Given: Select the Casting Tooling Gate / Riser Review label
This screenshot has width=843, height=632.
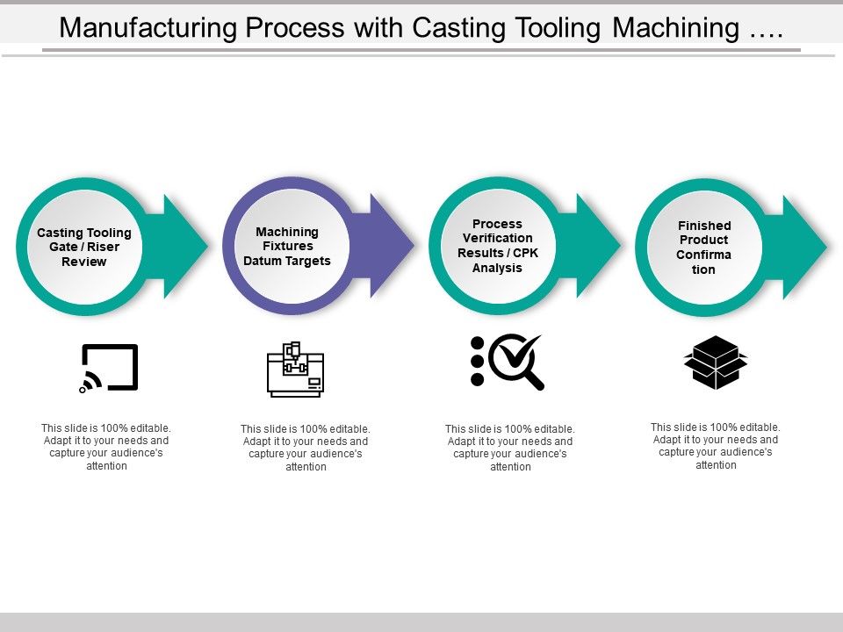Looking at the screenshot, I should [x=84, y=247].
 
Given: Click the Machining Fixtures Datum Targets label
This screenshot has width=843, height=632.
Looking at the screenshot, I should [x=287, y=246].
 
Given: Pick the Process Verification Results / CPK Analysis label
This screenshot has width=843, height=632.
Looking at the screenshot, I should [x=497, y=246].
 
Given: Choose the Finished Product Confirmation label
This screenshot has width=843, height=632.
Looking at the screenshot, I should [x=703, y=248].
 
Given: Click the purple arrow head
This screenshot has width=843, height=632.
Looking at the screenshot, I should [x=389, y=246].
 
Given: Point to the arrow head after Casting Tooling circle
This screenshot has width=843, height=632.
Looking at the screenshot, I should [x=182, y=246].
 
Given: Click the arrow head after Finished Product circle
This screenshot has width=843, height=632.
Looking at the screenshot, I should [x=801, y=247].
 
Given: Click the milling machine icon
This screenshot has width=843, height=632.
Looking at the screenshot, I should [x=295, y=370].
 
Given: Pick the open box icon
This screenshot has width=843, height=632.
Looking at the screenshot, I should [x=715, y=362].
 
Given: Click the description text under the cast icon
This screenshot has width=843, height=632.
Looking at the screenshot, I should [x=105, y=447].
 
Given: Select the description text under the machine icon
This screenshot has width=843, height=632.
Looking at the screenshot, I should [x=306, y=448].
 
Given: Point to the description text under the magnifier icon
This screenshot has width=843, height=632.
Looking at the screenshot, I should [x=510, y=448].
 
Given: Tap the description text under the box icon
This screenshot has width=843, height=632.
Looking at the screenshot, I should [x=716, y=446].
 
